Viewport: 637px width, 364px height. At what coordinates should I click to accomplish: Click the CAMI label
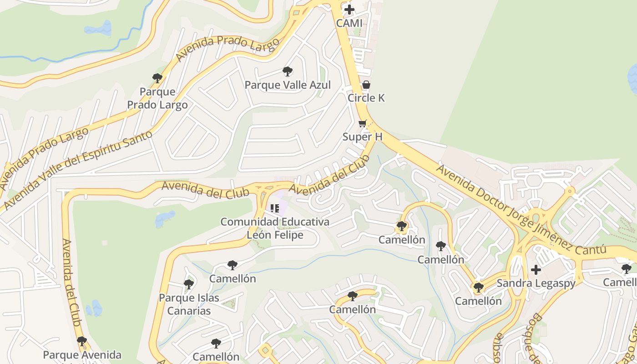349,23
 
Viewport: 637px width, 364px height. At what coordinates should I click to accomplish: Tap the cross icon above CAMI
349,9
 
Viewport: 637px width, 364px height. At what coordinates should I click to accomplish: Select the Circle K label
366,98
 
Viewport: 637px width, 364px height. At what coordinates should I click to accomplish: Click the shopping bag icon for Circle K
366,85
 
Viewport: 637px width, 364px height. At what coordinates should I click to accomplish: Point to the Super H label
363,136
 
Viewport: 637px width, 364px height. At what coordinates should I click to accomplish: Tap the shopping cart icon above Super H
363,123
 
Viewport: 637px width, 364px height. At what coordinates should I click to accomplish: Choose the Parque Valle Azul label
288,85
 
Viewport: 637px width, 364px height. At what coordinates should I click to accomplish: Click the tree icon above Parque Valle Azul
288,71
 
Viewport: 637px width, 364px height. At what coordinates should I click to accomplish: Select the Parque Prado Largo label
157,98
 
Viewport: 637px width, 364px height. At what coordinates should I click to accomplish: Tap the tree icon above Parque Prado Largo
157,78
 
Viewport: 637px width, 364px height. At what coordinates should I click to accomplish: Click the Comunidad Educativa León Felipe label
275,228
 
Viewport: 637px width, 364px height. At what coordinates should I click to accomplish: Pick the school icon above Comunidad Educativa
275,208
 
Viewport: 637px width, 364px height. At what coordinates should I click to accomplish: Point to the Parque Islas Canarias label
189,304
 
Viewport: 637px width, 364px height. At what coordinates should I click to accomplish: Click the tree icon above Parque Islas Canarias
189,284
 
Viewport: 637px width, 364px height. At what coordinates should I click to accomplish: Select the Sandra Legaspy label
536,283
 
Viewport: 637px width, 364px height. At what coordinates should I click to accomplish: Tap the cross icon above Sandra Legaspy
536,269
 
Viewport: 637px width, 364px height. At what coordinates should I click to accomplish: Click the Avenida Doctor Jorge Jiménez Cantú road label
521,210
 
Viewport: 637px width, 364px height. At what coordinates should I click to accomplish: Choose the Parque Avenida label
82,355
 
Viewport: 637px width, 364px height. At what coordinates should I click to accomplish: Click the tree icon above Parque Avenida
82,341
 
